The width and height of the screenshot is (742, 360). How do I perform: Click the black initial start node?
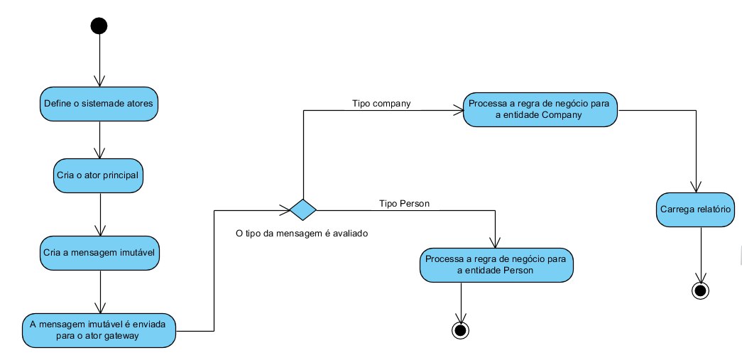pos(99,26)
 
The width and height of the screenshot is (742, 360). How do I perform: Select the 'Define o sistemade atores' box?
pos(99,104)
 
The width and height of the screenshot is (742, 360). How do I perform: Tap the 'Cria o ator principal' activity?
pos(98,175)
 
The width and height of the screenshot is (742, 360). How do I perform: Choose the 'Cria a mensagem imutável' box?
pos(99,253)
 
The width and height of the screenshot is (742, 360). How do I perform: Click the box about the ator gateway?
pos(99,330)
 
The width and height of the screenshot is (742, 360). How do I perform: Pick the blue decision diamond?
pos(303,209)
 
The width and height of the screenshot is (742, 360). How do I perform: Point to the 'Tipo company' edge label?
pos(381,104)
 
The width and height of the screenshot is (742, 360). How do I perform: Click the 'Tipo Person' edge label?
pos(405,203)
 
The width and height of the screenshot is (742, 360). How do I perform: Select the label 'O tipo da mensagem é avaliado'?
pos(302,233)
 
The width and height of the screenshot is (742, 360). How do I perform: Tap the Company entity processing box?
pos(540,109)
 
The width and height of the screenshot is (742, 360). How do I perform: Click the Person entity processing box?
pos(496,265)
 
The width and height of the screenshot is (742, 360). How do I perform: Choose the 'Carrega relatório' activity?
pos(696,209)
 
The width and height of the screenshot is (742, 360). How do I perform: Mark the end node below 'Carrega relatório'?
pos(700,290)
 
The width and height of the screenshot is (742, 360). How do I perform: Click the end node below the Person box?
pos(460,331)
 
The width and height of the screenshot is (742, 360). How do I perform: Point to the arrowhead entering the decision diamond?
pos(285,209)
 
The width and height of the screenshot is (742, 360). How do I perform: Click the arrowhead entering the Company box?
pos(458,110)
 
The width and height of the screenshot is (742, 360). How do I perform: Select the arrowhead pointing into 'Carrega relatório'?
pos(695,187)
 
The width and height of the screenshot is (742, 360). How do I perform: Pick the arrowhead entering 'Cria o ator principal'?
pos(99,153)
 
